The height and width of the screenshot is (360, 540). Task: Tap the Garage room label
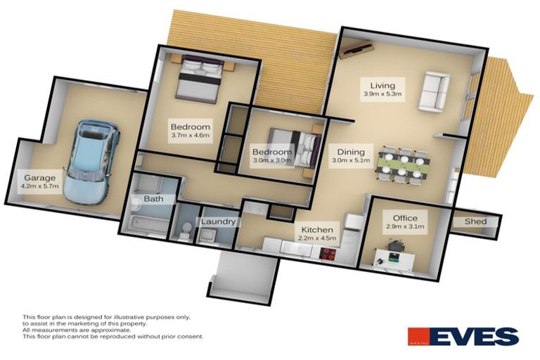pos(40,177)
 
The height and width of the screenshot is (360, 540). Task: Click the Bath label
pos(153,199)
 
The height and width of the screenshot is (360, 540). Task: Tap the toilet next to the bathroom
pos(182,230)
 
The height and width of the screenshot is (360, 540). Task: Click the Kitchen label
pos(317,229)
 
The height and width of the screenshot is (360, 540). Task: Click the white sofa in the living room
pos(432,91)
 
